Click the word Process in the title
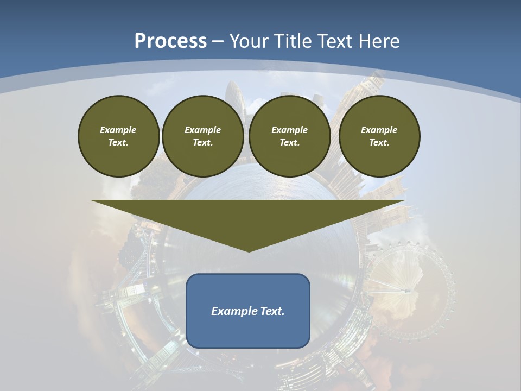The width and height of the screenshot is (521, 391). (x=170, y=41)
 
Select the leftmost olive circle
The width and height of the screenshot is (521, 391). (x=118, y=136)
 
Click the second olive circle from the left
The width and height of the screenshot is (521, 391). (x=202, y=136)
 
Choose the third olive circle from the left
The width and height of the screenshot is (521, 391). (x=289, y=136)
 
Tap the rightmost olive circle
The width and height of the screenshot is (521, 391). (x=379, y=136)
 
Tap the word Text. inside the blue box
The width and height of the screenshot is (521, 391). (x=271, y=311)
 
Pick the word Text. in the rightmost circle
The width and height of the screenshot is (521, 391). (x=379, y=142)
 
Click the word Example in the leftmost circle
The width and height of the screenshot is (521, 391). (x=118, y=130)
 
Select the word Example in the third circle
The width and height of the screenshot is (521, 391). (x=289, y=130)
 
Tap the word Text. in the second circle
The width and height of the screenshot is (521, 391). (x=202, y=142)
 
